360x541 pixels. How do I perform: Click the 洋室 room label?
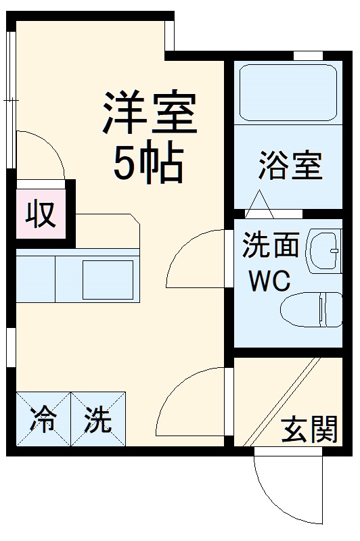coord(150,114)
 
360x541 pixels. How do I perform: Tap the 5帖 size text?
coord(148,164)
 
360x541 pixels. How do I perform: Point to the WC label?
coord(269,279)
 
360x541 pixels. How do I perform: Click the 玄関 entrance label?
coord(310,429)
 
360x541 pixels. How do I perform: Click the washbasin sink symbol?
coord(325,251)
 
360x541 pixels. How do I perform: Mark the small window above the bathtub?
coord(308,55)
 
